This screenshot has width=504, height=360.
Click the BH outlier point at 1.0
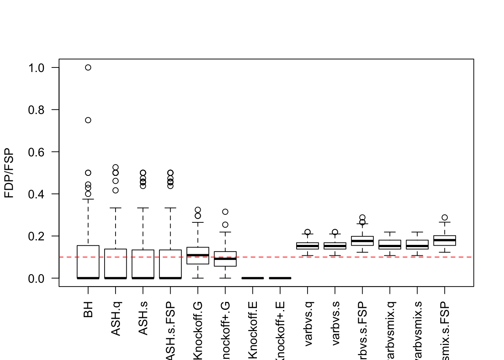click(88, 67)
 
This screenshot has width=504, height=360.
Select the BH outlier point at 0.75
click(88, 120)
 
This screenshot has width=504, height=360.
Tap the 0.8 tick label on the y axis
click(36, 110)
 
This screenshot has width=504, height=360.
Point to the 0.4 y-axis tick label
click(36, 194)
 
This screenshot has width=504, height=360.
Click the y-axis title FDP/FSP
click(9, 173)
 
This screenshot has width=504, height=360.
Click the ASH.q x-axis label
click(115, 319)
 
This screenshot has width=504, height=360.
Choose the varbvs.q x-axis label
click(308, 323)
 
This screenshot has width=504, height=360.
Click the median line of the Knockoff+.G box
click(225, 259)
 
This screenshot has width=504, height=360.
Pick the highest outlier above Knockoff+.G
click(225, 212)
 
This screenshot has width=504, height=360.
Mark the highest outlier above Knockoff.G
click(198, 210)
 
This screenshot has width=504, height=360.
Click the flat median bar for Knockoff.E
click(253, 278)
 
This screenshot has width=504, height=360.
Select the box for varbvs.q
click(307, 246)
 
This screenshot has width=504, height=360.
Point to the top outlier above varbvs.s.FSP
click(362, 217)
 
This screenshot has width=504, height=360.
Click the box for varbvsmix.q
click(390, 244)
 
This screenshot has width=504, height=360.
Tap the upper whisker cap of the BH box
click(88, 199)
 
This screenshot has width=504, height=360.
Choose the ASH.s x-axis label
click(143, 318)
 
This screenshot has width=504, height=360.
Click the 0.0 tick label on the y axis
click(36, 279)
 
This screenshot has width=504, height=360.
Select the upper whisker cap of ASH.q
click(115, 208)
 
